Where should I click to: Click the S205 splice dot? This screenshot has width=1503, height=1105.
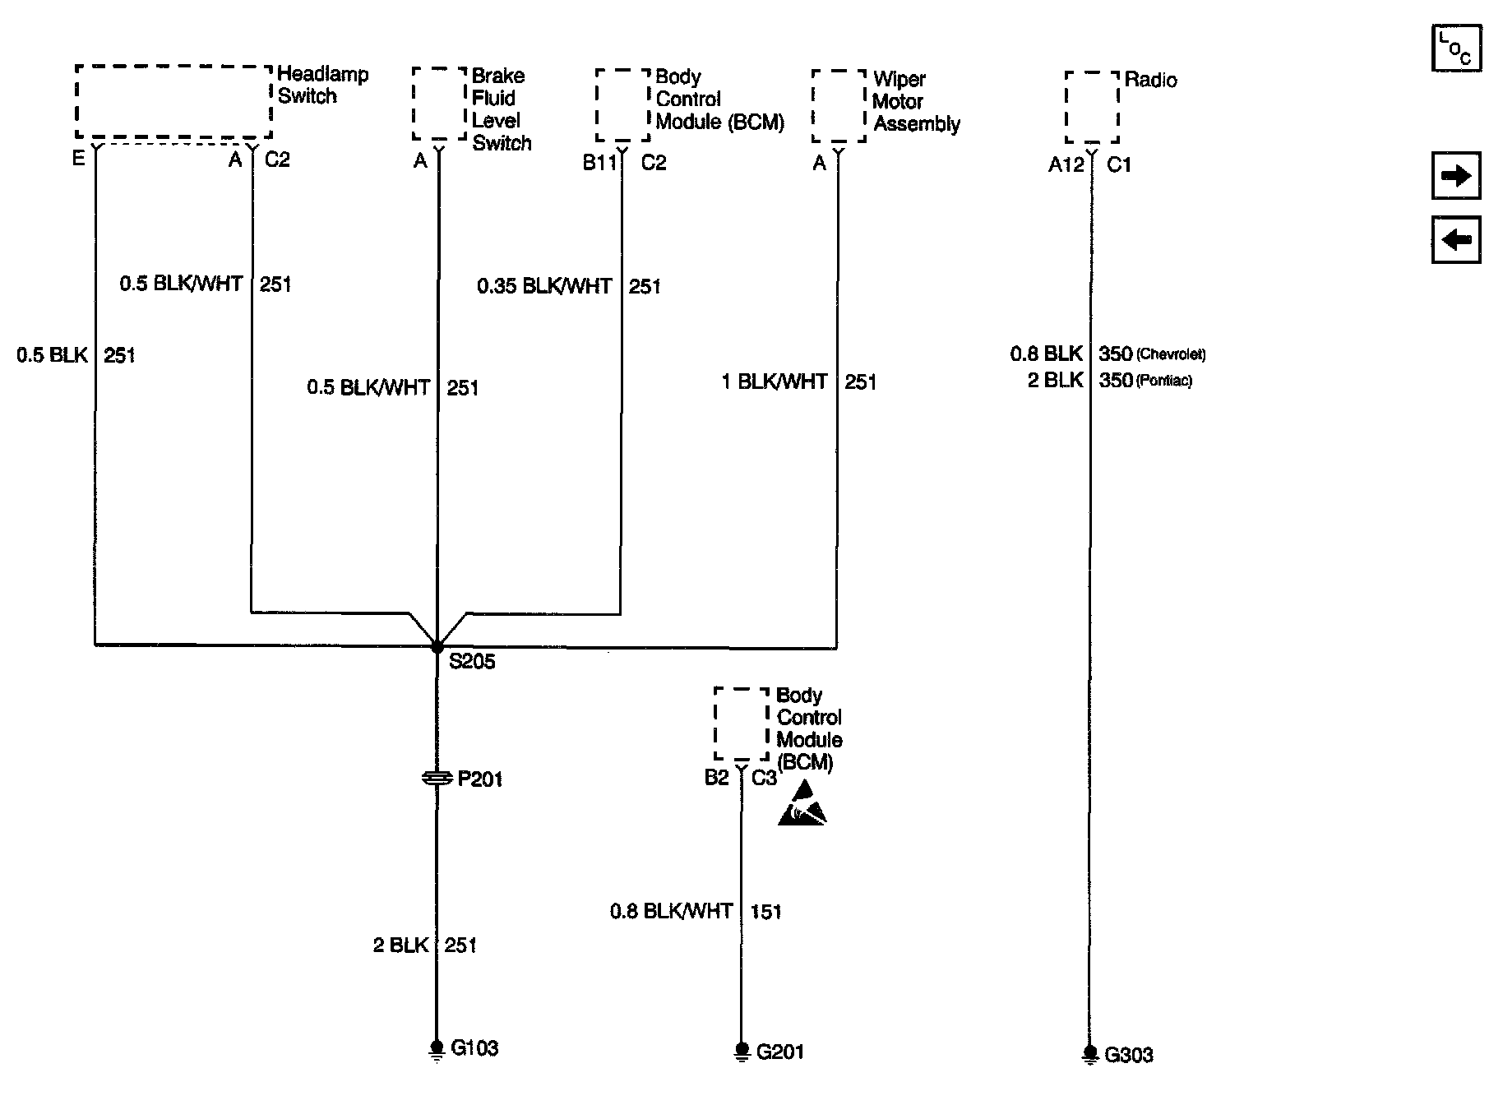click(437, 647)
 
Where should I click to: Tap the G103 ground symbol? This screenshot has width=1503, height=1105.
click(437, 1048)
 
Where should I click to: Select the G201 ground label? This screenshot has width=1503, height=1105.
click(779, 1052)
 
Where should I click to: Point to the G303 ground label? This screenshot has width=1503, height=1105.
click(1128, 1055)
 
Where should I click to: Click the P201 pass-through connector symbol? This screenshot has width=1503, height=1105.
click(437, 778)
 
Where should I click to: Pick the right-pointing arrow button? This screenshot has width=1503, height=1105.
click(1456, 175)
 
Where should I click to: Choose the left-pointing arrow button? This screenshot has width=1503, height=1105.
click(1456, 240)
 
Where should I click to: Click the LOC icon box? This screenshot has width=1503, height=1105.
click(1456, 49)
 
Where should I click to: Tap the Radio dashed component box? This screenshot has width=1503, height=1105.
click(1092, 107)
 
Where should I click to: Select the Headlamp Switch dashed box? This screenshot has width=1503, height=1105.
click(173, 102)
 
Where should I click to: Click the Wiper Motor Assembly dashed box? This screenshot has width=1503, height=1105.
click(839, 106)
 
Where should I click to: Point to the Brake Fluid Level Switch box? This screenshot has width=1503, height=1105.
click(440, 104)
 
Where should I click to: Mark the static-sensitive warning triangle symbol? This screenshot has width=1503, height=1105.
click(802, 805)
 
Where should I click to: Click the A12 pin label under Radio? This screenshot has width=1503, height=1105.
click(1066, 165)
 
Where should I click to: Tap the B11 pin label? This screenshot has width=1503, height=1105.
click(599, 163)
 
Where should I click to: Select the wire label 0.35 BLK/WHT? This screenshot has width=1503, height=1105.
click(544, 286)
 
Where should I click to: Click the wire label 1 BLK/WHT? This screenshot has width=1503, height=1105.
click(774, 381)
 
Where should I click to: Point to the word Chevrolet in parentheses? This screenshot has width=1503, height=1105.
click(1171, 354)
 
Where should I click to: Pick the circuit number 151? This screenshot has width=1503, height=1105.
click(765, 911)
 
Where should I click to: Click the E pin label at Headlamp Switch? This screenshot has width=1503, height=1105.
click(78, 159)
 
